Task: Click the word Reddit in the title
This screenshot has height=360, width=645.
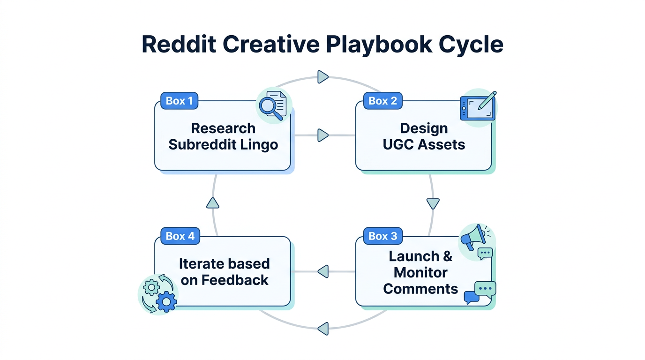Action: coord(179,44)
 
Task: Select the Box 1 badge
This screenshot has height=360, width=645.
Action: coord(179,101)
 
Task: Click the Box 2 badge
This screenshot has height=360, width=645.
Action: coord(382,101)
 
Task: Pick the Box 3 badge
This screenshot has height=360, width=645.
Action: coord(382,236)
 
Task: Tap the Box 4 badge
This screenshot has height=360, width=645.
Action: coord(180,236)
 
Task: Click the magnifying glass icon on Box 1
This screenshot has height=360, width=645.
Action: coord(270,107)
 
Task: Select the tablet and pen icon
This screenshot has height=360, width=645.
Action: coord(478,106)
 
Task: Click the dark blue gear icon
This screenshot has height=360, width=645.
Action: coord(166,301)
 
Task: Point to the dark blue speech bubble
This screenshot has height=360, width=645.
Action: coord(471,297)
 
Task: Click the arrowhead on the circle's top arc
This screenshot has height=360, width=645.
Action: coord(322,76)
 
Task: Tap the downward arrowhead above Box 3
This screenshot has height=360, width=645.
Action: coord(433,203)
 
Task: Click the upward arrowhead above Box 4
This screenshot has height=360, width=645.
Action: coord(213,202)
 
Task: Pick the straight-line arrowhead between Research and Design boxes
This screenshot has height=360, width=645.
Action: coord(322,135)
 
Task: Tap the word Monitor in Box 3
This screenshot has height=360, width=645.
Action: coord(420,272)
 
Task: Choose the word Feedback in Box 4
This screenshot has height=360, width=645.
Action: coord(235,280)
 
